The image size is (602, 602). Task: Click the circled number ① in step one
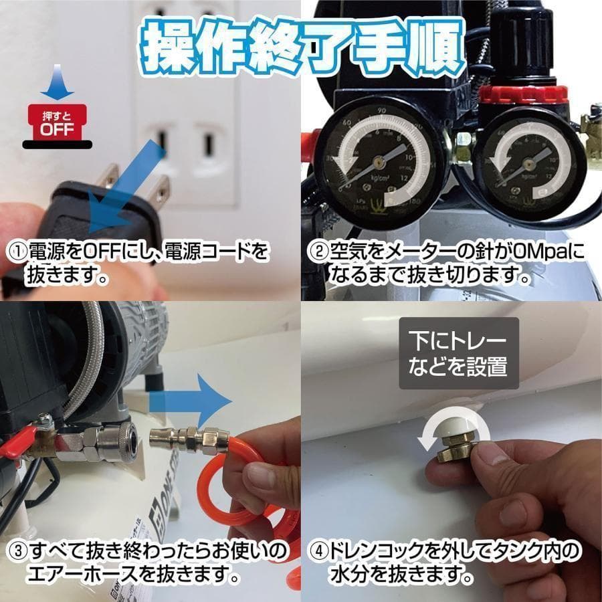17,253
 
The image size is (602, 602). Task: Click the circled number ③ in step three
17,551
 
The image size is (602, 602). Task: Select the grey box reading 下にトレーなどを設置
459,353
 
